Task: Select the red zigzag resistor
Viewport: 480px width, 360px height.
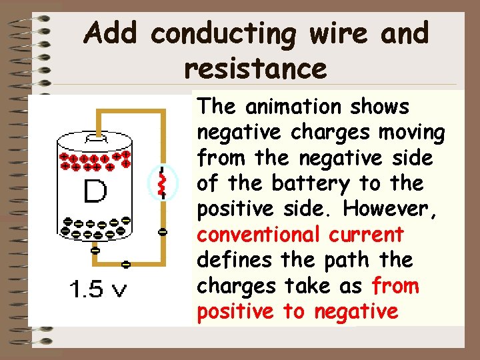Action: pyautogui.click(x=161, y=183)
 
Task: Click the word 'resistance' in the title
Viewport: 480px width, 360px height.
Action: pyautogui.click(x=255, y=68)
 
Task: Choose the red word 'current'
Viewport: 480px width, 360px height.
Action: pyautogui.click(x=371, y=235)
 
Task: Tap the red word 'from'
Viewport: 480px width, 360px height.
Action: pyautogui.click(x=396, y=286)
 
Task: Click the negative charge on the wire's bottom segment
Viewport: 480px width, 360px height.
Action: pyautogui.click(x=126, y=264)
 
